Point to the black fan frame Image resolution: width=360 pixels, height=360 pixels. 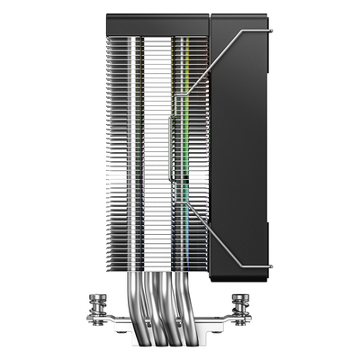[238, 144]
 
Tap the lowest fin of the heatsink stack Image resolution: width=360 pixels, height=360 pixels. [162, 274]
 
